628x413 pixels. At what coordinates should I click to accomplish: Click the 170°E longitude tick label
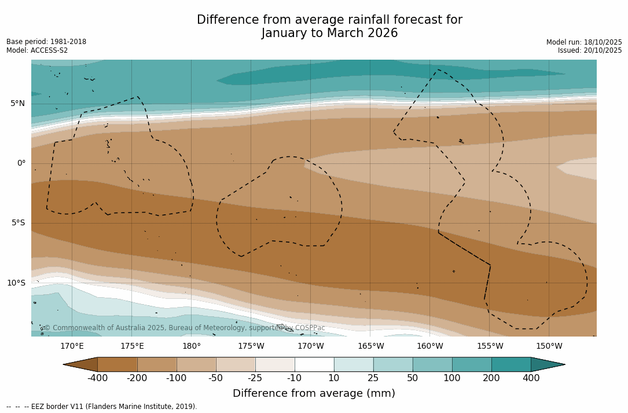click(72, 346)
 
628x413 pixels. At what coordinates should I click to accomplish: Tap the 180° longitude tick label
click(192, 346)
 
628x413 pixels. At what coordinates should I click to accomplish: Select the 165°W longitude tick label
click(370, 346)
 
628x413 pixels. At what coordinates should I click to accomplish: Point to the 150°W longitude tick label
click(549, 346)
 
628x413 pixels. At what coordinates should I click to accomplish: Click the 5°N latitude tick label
click(17, 104)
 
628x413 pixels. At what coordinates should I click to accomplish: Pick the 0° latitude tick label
click(21, 163)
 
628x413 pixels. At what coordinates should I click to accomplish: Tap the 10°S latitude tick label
click(16, 283)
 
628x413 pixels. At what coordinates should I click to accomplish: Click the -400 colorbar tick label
click(97, 378)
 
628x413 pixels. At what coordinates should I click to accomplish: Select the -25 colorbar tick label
click(255, 378)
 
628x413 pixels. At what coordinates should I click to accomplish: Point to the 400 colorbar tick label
click(531, 378)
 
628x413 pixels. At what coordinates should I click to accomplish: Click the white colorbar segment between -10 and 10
click(314, 364)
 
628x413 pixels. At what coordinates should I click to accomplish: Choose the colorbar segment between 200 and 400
click(511, 364)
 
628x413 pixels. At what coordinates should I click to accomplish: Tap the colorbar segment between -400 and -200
click(117, 364)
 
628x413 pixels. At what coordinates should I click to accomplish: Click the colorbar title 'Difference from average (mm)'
click(314, 394)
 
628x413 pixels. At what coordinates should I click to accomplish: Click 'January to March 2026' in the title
click(329, 34)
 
